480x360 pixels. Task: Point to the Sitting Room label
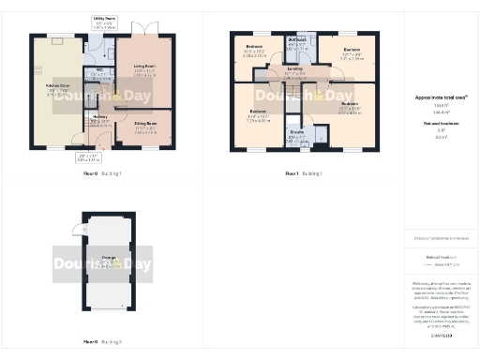click(144, 123)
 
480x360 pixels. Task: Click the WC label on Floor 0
click(99, 70)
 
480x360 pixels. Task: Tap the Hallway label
click(101, 117)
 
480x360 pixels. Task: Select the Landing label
click(294, 68)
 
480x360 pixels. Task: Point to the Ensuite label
click(297, 133)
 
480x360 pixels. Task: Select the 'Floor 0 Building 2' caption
click(103, 342)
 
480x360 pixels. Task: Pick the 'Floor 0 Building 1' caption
click(103, 174)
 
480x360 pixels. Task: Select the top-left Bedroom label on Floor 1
click(254, 47)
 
